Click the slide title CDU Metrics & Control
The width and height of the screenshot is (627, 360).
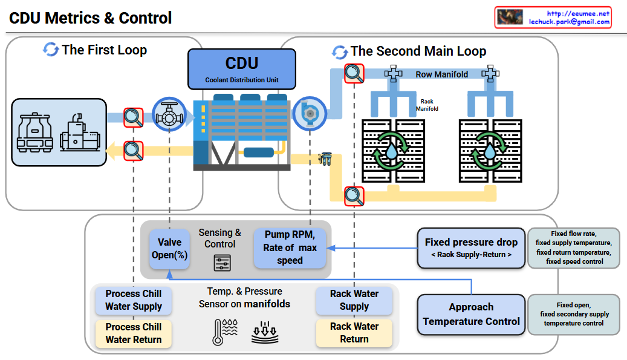pyautogui.click(x=91, y=18)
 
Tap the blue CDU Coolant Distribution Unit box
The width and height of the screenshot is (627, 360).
pyautogui.click(x=241, y=68)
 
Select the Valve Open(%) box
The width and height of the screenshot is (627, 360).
pyautogui.click(x=169, y=249)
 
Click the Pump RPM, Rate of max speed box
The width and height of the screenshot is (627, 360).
pyautogui.click(x=290, y=247)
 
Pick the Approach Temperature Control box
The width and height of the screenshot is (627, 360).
pyautogui.click(x=471, y=314)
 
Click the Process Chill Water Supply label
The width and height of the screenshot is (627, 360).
pyautogui.click(x=134, y=300)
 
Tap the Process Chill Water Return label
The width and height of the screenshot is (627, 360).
pyautogui.click(x=134, y=333)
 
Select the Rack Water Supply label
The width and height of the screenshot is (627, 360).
pyautogui.click(x=354, y=300)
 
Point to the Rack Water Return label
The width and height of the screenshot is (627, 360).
pyautogui.click(x=354, y=333)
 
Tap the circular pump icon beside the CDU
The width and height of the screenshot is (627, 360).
pyautogui.click(x=309, y=113)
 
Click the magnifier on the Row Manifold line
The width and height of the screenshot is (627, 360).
pyautogui.click(x=354, y=74)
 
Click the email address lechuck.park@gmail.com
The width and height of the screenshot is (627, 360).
pyautogui.click(x=569, y=22)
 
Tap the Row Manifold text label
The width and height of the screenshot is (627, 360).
pyautogui.click(x=441, y=74)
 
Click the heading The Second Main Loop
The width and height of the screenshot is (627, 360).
pyautogui.click(x=418, y=51)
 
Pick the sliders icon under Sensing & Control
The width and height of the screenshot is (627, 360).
pyautogui.click(x=222, y=263)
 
